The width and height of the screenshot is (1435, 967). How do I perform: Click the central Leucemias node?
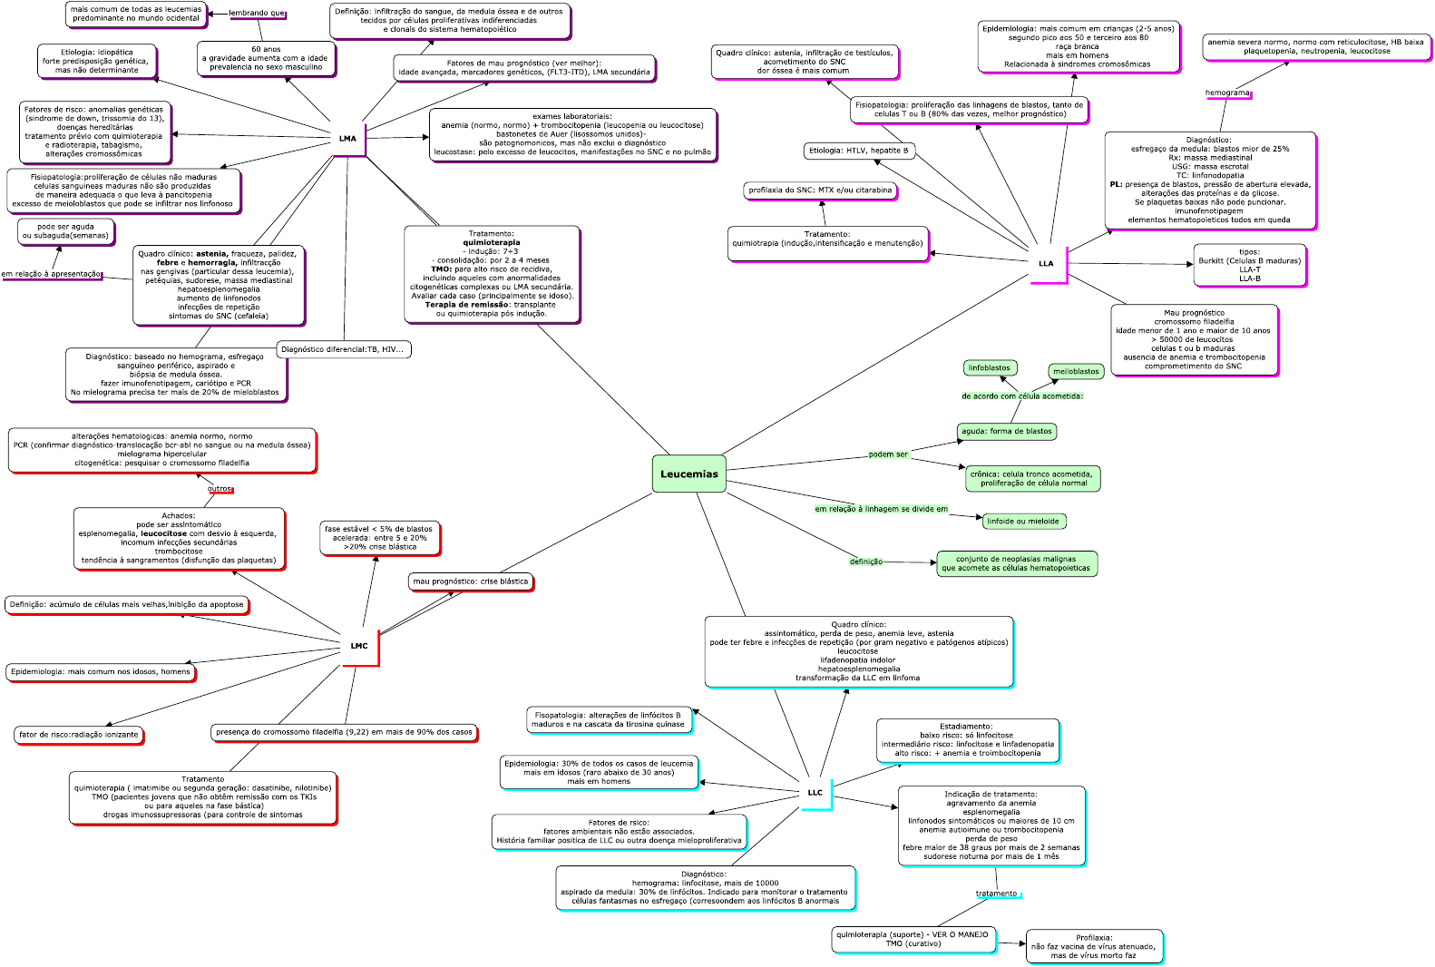(688, 474)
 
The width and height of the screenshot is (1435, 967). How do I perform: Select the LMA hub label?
(347, 139)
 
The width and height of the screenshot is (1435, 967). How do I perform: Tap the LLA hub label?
(1046, 264)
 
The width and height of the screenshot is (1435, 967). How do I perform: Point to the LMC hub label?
(359, 646)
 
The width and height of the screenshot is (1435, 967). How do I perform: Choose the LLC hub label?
(815, 793)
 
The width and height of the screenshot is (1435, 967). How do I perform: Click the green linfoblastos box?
(989, 368)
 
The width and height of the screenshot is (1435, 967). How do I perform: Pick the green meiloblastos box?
(1076, 371)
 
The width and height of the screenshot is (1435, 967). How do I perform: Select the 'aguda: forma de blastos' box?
(1006, 432)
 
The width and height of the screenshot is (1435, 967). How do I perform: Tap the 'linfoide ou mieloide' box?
(1022, 522)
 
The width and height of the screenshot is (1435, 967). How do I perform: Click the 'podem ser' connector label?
(888, 454)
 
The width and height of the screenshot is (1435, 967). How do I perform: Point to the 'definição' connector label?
(865, 562)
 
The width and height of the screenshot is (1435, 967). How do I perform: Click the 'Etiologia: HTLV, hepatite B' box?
(858, 151)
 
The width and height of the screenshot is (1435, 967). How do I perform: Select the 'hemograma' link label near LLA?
(1227, 93)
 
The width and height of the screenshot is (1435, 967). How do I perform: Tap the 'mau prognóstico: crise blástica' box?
(470, 581)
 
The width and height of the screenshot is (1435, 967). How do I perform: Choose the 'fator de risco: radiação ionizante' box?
(79, 735)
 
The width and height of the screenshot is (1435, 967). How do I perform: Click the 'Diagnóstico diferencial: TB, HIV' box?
(342, 349)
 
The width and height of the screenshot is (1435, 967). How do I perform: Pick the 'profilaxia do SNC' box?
(820, 190)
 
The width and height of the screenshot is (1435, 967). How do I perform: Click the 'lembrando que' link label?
(257, 14)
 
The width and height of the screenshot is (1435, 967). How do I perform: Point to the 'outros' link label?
(220, 489)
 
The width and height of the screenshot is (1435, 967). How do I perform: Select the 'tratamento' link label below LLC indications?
(996, 894)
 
